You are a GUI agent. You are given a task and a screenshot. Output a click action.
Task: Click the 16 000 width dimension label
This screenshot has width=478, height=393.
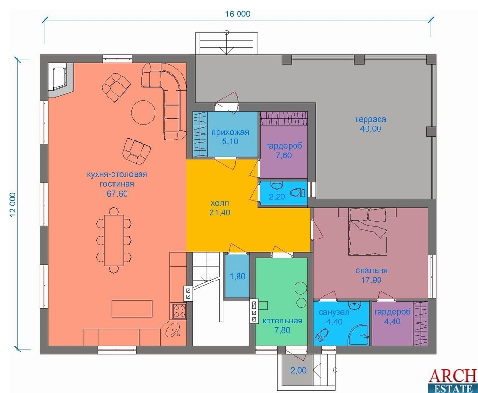[x=238, y=14]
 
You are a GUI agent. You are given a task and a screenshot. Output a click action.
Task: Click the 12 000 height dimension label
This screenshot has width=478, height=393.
[x=13, y=205]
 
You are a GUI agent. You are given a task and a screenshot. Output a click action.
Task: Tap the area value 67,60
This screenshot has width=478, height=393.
[x=117, y=193]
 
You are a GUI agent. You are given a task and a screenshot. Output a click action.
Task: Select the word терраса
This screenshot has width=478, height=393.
[x=370, y=119]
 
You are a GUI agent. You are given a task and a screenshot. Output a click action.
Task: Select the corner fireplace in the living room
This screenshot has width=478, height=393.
[x=61, y=80]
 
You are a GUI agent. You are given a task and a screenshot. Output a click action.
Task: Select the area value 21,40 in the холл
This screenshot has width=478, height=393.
[x=220, y=212]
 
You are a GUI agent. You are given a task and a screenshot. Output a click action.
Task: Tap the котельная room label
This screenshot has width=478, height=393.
[x=282, y=321]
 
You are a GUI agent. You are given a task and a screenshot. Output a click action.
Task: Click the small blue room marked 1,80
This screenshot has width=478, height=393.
[x=237, y=276]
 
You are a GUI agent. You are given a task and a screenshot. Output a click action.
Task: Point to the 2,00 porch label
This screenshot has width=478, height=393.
[x=298, y=370]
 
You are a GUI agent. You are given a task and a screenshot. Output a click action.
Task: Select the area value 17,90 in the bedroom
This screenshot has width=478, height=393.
[x=371, y=280]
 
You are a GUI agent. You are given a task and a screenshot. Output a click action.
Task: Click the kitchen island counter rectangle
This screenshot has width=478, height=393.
[x=132, y=309]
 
